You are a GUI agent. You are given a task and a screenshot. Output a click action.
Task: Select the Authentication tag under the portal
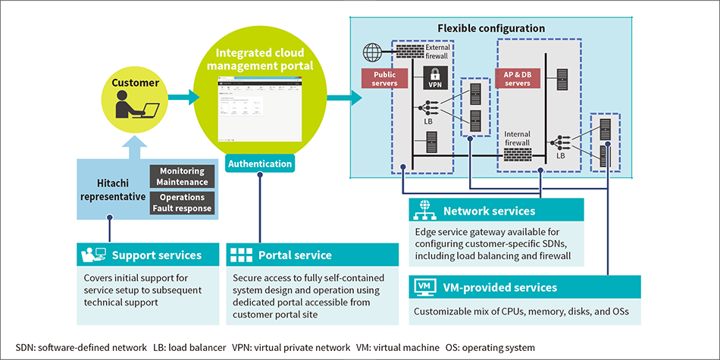tap(260, 163)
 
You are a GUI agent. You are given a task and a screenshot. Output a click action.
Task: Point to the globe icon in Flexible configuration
tap(372, 53)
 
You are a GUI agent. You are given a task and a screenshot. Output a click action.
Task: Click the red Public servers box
tap(384, 79)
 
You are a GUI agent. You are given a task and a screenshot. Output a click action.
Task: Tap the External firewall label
tap(437, 52)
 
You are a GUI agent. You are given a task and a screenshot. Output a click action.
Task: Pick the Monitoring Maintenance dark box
tap(183, 177)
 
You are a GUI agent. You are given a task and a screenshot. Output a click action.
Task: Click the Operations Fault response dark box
tap(183, 202)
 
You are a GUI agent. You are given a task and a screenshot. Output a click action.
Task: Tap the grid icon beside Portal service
tap(240, 255)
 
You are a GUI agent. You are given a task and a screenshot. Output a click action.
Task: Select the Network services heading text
tap(489, 211)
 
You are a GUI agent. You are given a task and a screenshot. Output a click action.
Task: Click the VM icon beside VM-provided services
tap(424, 287)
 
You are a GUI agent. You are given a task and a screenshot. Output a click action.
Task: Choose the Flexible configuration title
tap(491, 28)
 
